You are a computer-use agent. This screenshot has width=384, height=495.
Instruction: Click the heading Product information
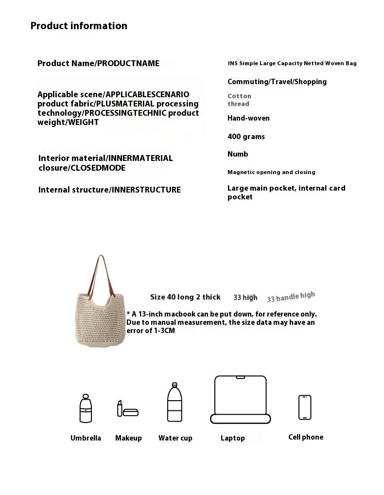tap(79, 26)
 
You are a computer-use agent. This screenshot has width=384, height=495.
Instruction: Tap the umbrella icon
tap(86, 408)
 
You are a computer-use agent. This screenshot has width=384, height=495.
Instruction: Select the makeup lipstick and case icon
tap(127, 409)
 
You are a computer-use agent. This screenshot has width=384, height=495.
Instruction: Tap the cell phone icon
tap(305, 407)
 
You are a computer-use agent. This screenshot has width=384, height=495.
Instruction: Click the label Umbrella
tap(86, 438)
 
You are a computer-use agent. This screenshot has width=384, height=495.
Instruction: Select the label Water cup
tap(175, 438)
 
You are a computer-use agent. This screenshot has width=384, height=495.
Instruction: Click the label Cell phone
tap(305, 437)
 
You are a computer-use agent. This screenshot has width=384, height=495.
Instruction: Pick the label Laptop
tap(232, 438)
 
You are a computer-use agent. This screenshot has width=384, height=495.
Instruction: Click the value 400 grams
tap(246, 137)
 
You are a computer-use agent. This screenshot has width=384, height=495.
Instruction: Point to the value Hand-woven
tap(248, 118)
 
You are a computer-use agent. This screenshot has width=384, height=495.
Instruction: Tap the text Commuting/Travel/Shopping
tap(277, 82)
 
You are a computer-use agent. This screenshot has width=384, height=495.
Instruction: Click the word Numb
tap(238, 154)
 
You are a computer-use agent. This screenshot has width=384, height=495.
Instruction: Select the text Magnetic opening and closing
tap(271, 172)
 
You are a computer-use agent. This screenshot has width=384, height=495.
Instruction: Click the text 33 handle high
tap(291, 297)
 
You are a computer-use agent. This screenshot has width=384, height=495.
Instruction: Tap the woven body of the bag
tap(100, 318)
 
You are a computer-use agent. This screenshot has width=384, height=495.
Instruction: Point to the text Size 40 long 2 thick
tap(185, 297)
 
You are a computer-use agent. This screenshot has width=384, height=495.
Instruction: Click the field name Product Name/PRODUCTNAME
tap(98, 63)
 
